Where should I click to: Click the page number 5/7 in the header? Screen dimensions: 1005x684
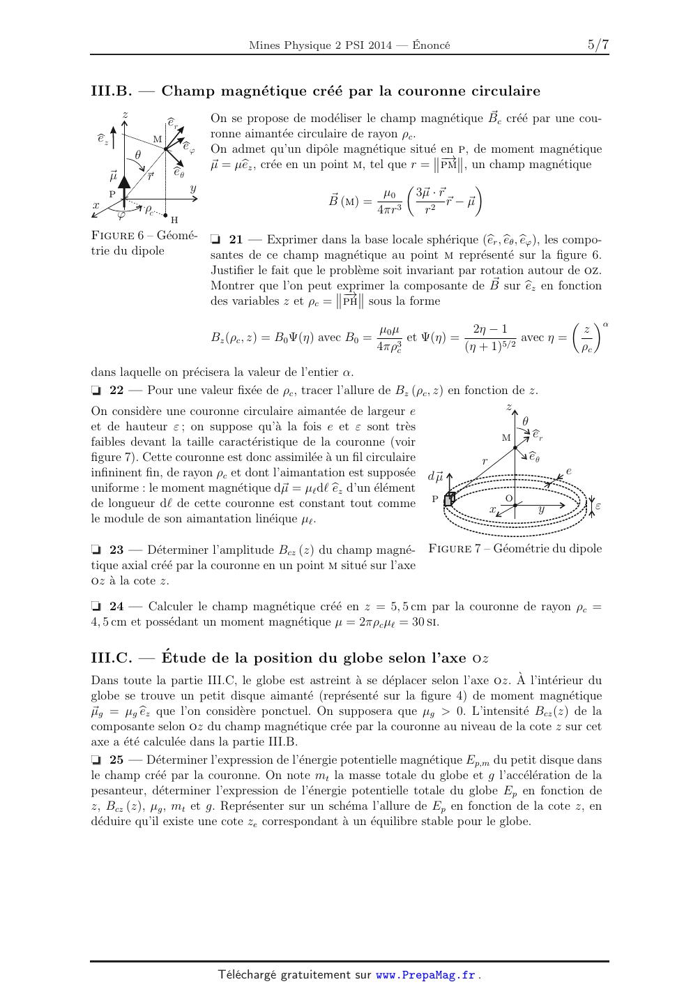(598, 45)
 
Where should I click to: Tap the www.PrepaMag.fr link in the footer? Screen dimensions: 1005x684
(425, 975)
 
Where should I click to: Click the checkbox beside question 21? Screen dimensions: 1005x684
(215, 239)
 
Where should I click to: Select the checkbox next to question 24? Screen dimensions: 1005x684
(96, 606)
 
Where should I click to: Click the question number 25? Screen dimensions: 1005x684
(117, 760)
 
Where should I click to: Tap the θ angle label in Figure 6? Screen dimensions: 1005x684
(138, 155)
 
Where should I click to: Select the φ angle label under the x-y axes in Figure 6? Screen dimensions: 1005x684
(122, 215)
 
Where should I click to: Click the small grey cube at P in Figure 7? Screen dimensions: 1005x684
(450, 498)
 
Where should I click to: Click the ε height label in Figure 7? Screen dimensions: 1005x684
(598, 506)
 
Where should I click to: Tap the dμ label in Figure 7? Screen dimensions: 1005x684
(435, 476)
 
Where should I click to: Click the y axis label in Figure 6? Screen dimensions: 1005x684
(192, 188)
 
